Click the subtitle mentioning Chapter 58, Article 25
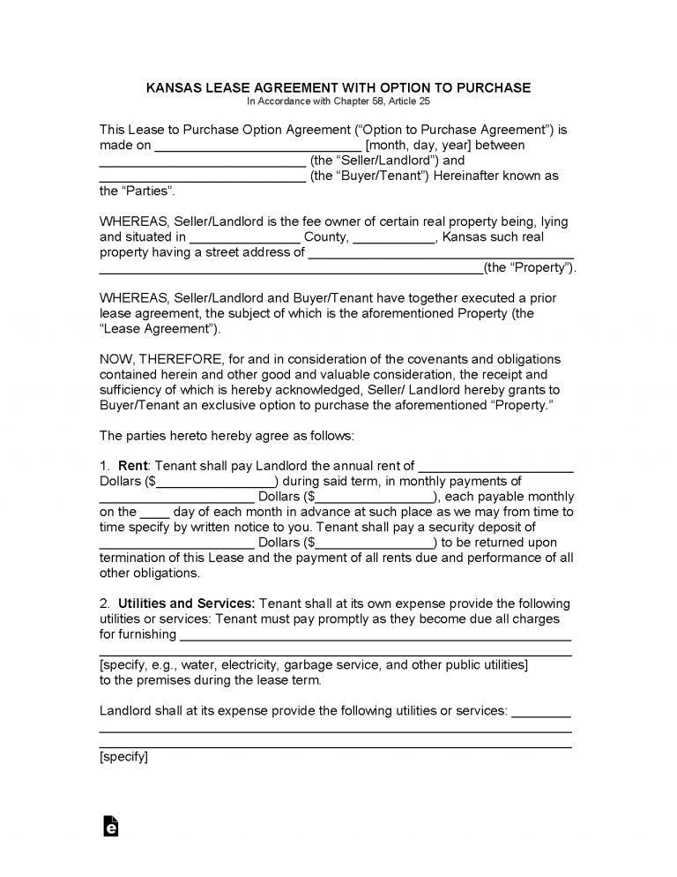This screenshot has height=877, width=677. click(x=338, y=101)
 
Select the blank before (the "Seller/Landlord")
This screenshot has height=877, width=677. click(x=202, y=161)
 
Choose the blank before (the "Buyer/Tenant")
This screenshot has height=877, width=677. click(x=202, y=176)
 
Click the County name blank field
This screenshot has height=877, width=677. click(x=244, y=237)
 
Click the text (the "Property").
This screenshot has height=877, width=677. click(x=531, y=267)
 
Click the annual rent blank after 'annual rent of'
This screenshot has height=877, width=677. click(x=495, y=466)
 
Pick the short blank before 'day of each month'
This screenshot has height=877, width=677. click(x=154, y=512)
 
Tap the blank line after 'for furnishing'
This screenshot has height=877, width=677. click(x=375, y=634)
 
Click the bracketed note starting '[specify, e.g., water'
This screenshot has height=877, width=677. click(x=313, y=664)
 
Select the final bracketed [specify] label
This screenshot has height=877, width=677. click(x=123, y=756)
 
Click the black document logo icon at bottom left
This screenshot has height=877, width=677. click(x=110, y=826)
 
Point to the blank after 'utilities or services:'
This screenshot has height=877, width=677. click(x=541, y=710)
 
